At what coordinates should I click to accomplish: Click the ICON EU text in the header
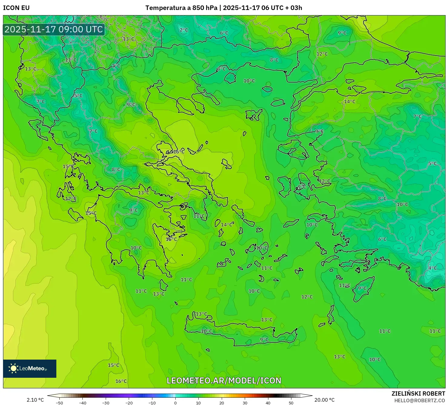pos(16,8)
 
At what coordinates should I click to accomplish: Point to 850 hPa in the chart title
pos(205,8)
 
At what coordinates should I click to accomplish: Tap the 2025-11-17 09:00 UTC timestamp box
pos(54,29)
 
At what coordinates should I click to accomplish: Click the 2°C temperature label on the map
pos(184,30)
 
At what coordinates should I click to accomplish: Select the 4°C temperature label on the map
pos(432,268)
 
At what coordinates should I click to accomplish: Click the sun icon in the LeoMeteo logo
pos(13,368)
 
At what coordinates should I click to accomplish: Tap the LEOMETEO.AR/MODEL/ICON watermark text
pos(224,380)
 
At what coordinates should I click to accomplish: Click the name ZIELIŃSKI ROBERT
pos(418,394)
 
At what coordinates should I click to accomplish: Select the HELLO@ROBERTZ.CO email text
pos(420,400)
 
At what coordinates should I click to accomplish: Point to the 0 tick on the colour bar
pos(175,403)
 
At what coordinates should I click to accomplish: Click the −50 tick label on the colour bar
pos(59,403)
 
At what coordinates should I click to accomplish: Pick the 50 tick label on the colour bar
pos(291,403)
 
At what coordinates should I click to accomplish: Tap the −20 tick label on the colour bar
pos(129,403)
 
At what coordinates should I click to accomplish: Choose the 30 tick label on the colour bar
pos(245,403)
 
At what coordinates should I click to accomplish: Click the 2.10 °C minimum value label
pos(35,400)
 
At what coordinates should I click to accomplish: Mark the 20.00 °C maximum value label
pos(324,400)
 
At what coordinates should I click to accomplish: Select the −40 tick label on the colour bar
pos(83,403)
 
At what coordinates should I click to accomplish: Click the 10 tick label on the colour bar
pos(198,403)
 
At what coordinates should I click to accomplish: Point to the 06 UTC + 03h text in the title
pos(282,8)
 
